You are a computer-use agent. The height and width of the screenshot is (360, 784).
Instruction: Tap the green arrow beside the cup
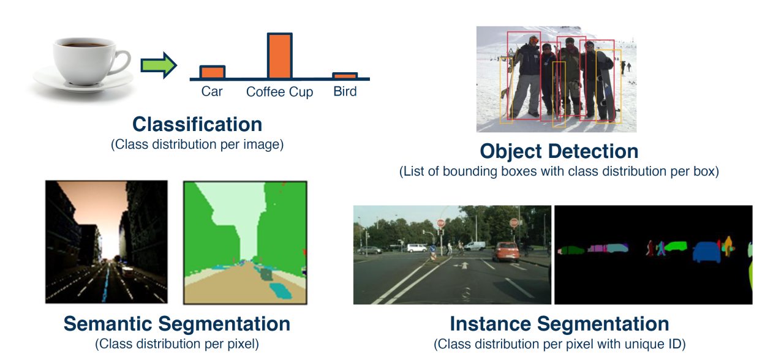click(x=158, y=65)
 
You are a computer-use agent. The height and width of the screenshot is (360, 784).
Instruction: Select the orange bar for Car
click(x=213, y=72)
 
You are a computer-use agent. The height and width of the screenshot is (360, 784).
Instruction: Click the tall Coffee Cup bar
click(x=280, y=56)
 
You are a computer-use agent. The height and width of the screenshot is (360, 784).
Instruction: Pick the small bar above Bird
click(x=345, y=76)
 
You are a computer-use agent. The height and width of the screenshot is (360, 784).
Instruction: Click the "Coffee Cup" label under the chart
click(x=279, y=92)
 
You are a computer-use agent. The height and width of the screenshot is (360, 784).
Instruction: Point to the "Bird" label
click(x=345, y=91)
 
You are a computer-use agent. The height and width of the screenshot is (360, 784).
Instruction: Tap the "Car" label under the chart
click(x=212, y=91)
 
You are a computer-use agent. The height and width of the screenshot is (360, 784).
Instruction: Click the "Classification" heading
click(x=197, y=124)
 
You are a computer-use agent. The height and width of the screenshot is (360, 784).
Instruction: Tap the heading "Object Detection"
click(x=559, y=151)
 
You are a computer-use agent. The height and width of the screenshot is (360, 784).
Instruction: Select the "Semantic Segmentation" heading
click(x=177, y=323)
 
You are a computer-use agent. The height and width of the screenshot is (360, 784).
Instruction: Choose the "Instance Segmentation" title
click(x=559, y=323)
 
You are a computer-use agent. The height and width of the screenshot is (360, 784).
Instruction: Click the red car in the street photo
click(x=506, y=252)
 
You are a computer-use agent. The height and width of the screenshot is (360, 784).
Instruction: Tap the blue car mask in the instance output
click(x=706, y=251)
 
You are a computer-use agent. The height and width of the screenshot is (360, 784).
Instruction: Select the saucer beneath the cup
click(x=82, y=82)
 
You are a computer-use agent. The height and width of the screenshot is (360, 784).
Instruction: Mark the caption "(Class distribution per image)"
click(x=197, y=145)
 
